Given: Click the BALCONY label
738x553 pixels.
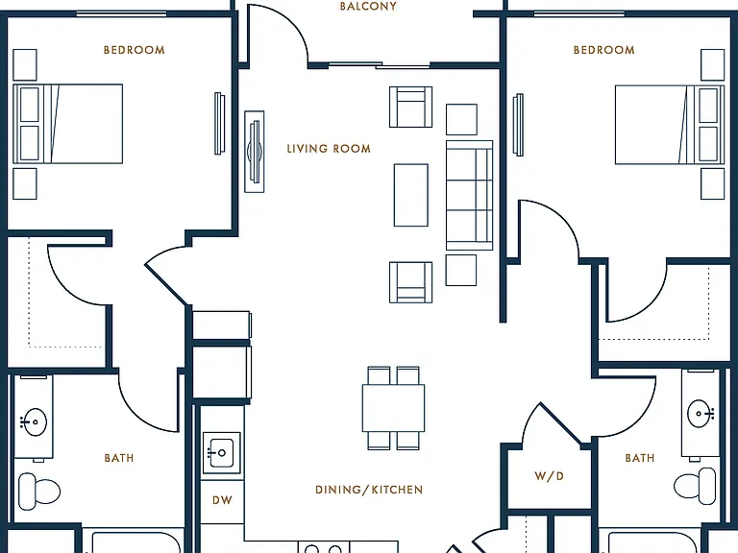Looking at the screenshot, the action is (368, 6).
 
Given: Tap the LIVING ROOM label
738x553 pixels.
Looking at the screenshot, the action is (329, 149).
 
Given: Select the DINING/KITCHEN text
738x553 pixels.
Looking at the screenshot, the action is (369, 490).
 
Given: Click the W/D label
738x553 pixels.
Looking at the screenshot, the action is (549, 476).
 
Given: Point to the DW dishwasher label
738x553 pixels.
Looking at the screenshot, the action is (222, 500).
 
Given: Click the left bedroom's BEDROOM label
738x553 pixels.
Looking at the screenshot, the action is (135, 50).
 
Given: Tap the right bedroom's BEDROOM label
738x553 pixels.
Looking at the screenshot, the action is (603, 50).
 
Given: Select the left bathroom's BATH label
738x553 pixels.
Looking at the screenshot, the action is (119, 458).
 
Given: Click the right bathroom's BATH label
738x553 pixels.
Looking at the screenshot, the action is (640, 458).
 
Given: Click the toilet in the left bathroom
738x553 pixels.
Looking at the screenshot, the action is (38, 492).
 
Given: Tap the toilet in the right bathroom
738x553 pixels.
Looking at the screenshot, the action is (695, 486).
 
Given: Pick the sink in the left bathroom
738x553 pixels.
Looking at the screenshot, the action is (35, 421).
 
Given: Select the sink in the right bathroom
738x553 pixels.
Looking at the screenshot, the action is (701, 414).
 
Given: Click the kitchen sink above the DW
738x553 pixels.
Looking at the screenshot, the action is (221, 452).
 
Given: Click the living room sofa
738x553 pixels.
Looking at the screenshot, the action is (469, 195).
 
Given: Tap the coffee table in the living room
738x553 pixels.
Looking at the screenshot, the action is (411, 195).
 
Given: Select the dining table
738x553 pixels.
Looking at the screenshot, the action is (393, 408).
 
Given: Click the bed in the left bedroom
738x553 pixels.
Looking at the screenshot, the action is (68, 124).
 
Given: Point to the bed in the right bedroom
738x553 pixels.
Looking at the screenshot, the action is (670, 125).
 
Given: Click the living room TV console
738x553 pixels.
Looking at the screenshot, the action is (254, 152).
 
